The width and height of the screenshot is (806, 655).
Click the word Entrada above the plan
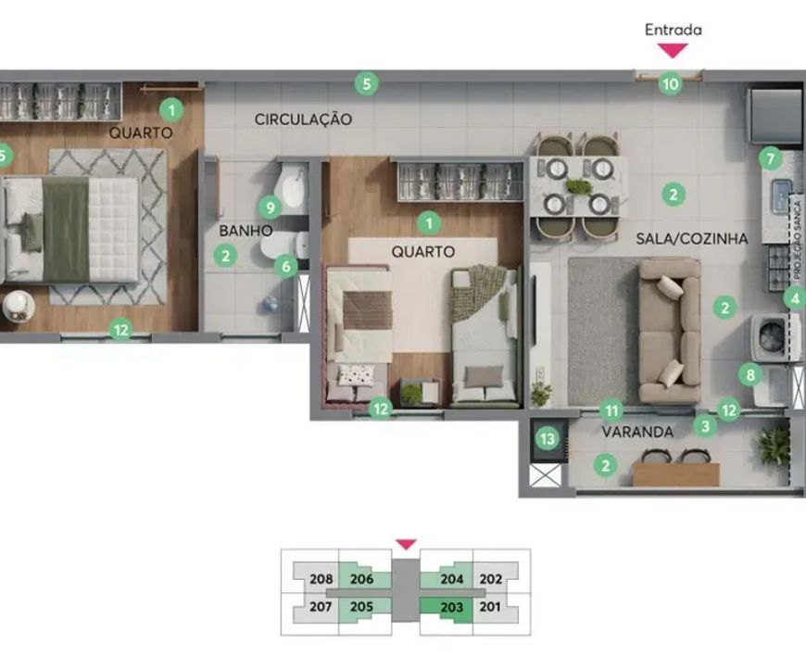(x=674, y=30)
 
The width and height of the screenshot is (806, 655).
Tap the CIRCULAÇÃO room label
(x=303, y=120)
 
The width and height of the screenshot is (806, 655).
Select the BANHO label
(x=246, y=231)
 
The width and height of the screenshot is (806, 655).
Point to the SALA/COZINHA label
(x=692, y=238)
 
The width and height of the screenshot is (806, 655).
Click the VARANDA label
(x=637, y=432)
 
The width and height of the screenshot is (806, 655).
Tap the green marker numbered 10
(x=671, y=83)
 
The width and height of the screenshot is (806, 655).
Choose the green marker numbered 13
(x=548, y=439)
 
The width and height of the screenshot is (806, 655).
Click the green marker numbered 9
(x=270, y=208)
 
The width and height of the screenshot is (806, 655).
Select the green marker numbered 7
(x=770, y=158)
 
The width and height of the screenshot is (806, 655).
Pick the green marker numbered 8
(x=750, y=374)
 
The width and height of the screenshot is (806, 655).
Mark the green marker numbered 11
(x=611, y=410)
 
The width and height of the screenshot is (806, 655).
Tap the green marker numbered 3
(x=705, y=426)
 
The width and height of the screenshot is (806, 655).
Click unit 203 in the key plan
(x=452, y=607)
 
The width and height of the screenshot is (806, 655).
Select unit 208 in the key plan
(x=321, y=579)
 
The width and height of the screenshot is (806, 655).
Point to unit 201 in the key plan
(x=490, y=607)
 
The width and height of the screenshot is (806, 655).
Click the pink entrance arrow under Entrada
(x=674, y=50)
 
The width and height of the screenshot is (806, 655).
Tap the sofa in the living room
(x=670, y=331)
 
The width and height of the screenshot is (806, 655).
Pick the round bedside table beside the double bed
(x=19, y=307)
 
